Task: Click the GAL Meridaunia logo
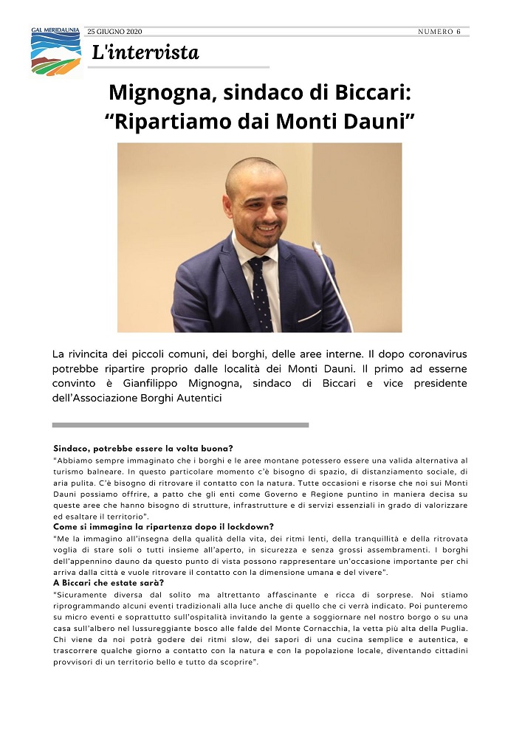[x=56, y=52]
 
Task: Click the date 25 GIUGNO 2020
[x=114, y=32]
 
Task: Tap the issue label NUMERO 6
[x=439, y=32]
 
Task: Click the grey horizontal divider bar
[x=180, y=425]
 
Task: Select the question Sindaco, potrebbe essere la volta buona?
[x=143, y=449]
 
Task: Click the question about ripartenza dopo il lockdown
[x=159, y=527]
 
